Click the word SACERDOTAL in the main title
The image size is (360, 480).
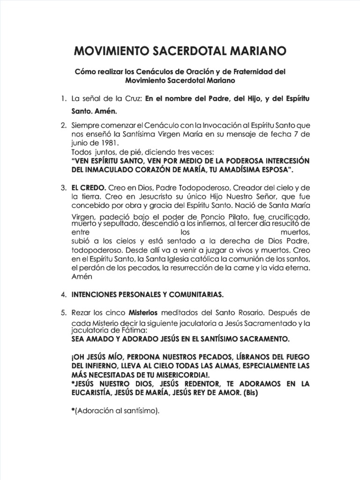185,50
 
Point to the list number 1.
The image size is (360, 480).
63,99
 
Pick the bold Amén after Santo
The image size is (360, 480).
105,112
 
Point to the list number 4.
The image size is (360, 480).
63,294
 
